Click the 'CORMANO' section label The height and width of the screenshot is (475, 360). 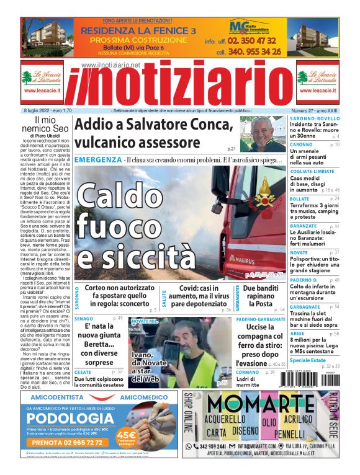tap(246, 372)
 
